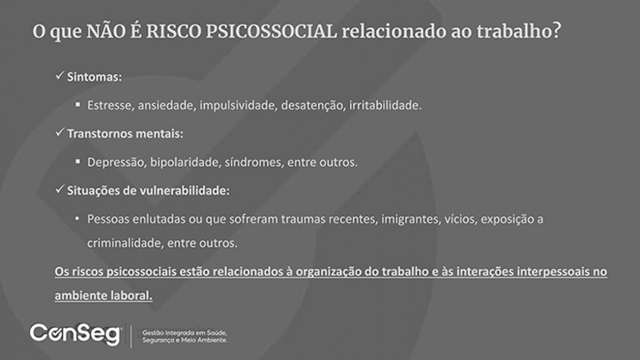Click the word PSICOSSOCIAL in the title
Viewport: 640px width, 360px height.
(x=271, y=31)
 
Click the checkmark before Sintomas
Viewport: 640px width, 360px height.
(x=59, y=76)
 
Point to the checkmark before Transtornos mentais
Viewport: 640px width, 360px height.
(x=59, y=132)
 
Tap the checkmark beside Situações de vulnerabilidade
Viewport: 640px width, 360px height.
(x=59, y=189)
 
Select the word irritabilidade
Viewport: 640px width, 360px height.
(x=385, y=105)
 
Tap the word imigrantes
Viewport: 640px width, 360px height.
(x=411, y=219)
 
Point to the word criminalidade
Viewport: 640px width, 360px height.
(x=126, y=243)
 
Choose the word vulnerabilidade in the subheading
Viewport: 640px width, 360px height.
(x=185, y=190)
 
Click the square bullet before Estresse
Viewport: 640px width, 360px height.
(x=78, y=104)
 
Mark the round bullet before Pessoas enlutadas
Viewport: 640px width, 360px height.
(x=77, y=219)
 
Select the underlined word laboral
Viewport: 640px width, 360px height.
(x=131, y=296)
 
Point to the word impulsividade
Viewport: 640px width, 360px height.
(x=239, y=105)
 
